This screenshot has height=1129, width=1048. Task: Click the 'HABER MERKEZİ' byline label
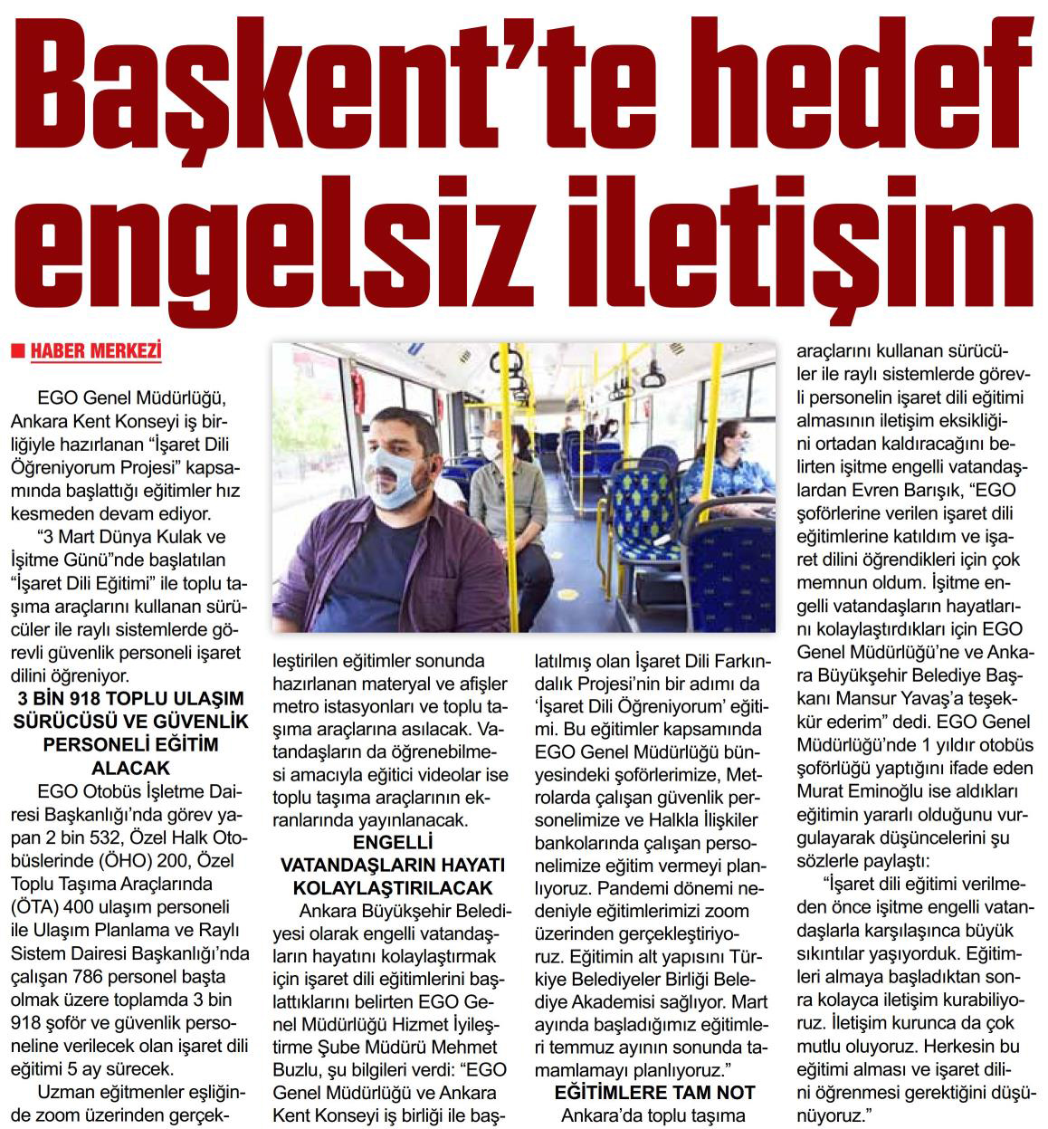(x=95, y=351)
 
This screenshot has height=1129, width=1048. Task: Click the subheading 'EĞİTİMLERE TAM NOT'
(x=654, y=1093)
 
